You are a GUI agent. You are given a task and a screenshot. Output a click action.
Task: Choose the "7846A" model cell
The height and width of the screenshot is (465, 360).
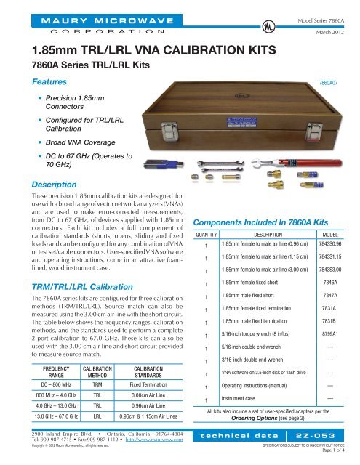point(331,280)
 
